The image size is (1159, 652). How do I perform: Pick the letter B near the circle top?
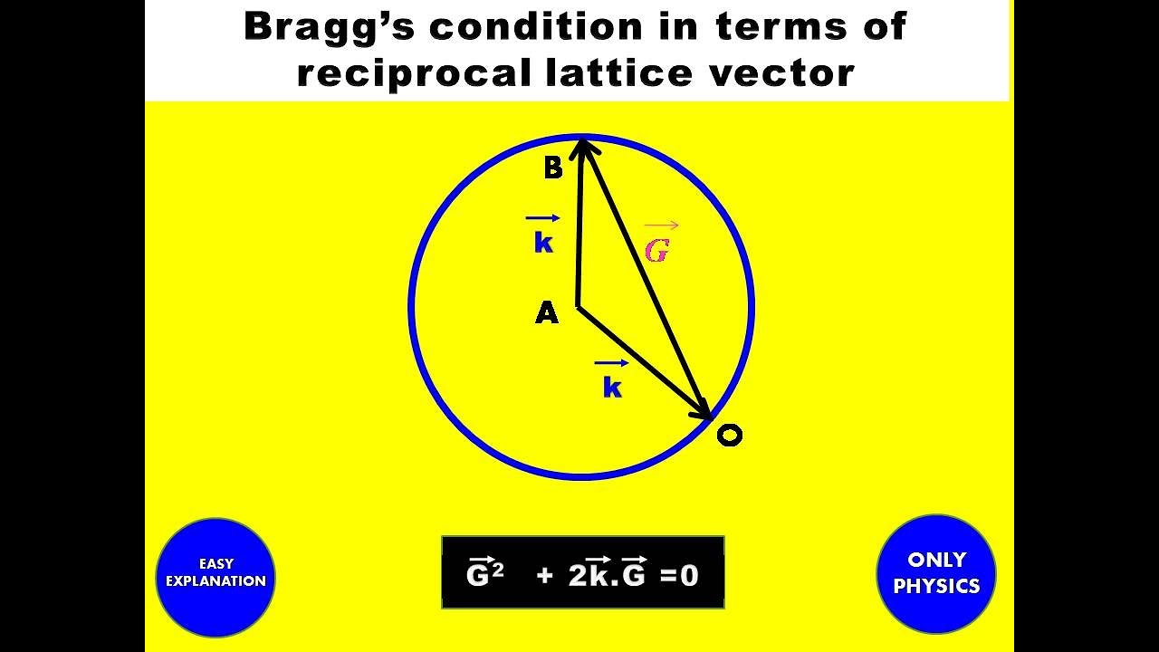(553, 168)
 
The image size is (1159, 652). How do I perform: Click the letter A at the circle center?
(547, 313)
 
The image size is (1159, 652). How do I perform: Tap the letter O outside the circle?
(729, 436)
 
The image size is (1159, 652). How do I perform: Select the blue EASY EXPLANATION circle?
(216, 577)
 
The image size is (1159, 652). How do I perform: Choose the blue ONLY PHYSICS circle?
(936, 573)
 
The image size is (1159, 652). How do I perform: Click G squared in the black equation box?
(484, 573)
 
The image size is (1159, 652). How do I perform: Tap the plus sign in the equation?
(544, 575)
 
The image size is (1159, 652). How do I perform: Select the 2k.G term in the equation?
(607, 573)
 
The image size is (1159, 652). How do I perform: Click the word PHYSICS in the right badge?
(936, 587)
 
